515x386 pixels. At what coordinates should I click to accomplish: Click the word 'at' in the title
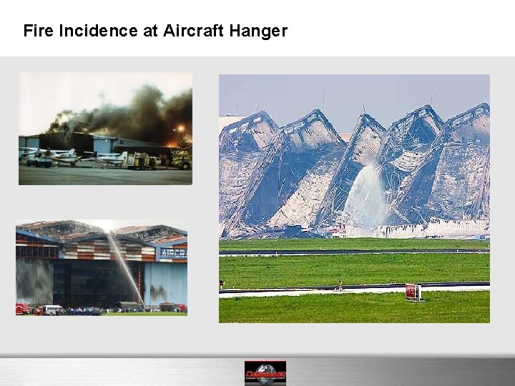(152, 31)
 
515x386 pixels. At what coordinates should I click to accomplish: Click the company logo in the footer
(265, 373)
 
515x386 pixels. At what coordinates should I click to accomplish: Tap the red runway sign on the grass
(413, 292)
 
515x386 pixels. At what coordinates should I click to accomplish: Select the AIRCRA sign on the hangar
(173, 253)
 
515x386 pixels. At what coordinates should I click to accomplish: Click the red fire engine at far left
(23, 308)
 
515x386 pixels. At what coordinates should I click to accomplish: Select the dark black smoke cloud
(136, 111)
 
